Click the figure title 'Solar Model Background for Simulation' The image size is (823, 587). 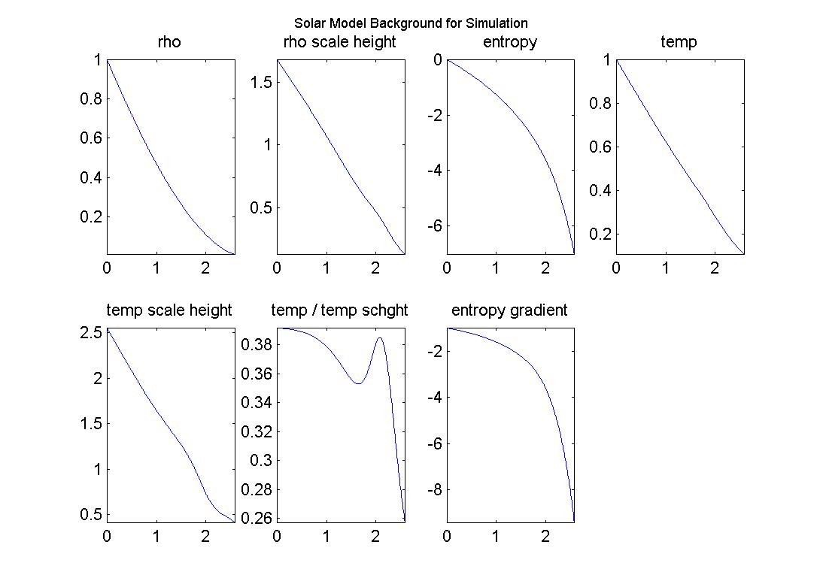[411, 23]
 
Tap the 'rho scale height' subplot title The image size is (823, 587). [339, 42]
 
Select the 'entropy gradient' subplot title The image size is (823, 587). [509, 310]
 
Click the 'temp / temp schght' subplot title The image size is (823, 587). [339, 310]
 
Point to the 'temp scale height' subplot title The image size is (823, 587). [169, 310]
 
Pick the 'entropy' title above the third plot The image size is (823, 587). [510, 42]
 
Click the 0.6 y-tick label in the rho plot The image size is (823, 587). [90, 138]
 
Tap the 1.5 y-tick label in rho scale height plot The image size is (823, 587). [260, 82]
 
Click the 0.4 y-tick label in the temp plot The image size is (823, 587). [599, 190]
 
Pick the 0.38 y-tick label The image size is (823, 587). [255, 345]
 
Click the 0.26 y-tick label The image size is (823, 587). [255, 518]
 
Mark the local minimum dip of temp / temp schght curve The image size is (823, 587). [358, 383]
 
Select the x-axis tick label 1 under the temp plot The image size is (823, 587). [666, 268]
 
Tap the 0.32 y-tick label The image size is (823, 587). [255, 431]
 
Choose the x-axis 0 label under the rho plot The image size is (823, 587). [107, 268]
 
